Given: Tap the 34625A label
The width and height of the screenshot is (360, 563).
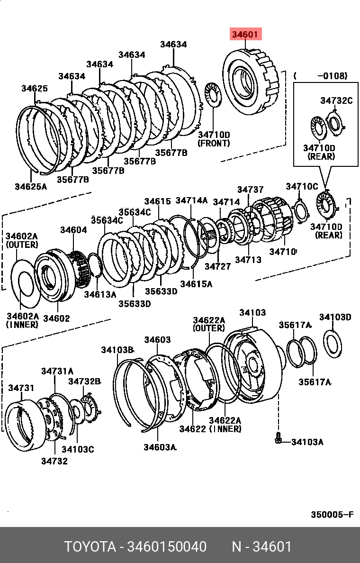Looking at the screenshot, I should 31,186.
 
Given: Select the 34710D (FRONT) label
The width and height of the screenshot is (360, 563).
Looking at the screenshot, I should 214,139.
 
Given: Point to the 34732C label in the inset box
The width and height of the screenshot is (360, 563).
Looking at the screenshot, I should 336,100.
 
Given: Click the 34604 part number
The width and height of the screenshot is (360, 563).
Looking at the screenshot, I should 73,230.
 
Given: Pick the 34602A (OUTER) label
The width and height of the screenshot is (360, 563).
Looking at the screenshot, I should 21,240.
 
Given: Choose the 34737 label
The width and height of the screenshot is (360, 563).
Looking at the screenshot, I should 251,190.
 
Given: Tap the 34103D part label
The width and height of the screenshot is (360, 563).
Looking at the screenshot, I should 335,317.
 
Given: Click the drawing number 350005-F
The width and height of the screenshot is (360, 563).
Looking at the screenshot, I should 332,515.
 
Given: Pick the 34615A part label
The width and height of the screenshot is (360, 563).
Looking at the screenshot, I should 196,284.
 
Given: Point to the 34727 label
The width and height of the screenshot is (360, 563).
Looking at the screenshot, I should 218,266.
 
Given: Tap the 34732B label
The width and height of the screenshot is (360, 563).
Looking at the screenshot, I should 84,381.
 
